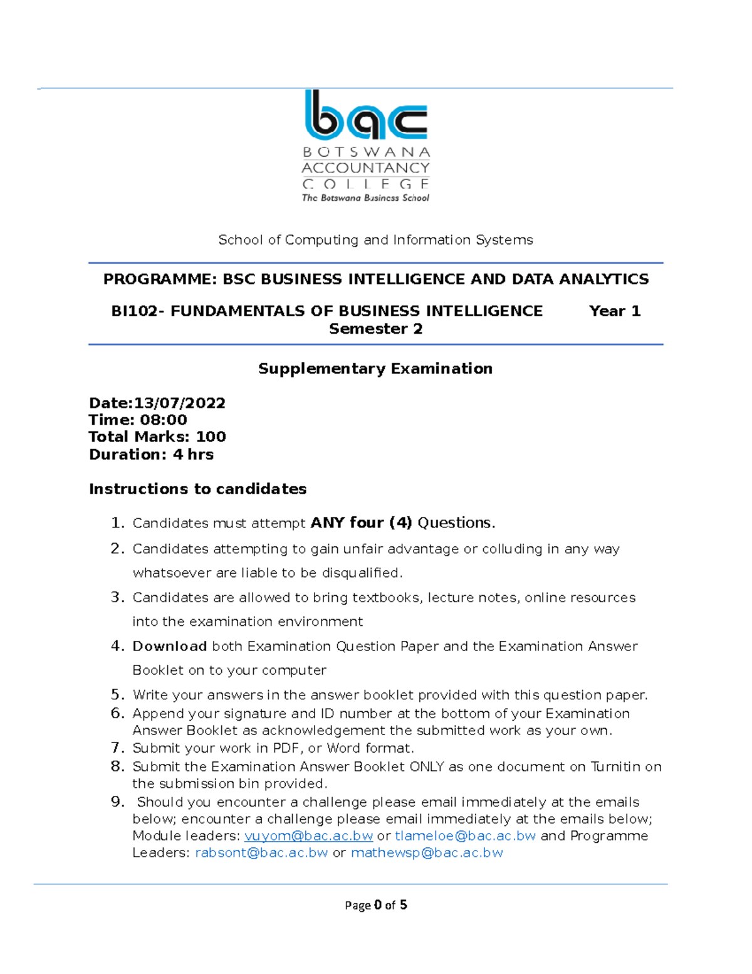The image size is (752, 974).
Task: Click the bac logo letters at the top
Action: pyautogui.click(x=366, y=117)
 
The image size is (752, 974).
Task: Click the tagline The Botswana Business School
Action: pyautogui.click(x=365, y=198)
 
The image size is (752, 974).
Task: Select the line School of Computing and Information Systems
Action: pyautogui.click(x=375, y=240)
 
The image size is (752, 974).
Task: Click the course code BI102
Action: pyautogui.click(x=133, y=312)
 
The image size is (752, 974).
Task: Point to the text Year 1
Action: pyautogui.click(x=615, y=312)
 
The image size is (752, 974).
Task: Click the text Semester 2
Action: pyautogui.click(x=375, y=329)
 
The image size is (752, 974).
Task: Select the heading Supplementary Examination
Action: pyautogui.click(x=375, y=369)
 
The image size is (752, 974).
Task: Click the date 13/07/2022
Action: pyautogui.click(x=180, y=403)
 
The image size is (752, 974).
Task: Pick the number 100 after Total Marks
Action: pyautogui.click(x=211, y=437)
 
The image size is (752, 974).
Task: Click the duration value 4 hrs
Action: pyautogui.click(x=193, y=455)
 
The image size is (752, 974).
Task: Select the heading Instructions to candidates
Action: pyautogui.click(x=197, y=489)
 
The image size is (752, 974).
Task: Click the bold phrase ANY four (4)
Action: pyautogui.click(x=361, y=523)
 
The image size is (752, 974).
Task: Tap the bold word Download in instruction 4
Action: pyautogui.click(x=169, y=647)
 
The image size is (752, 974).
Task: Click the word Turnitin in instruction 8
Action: pyautogui.click(x=615, y=767)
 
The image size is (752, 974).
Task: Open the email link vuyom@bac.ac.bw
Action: pyautogui.click(x=308, y=836)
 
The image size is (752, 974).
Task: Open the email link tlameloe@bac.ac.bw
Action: pyautogui.click(x=465, y=836)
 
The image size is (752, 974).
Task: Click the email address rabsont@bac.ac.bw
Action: pyautogui.click(x=261, y=853)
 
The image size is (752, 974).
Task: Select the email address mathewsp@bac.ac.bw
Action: pyautogui.click(x=427, y=853)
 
